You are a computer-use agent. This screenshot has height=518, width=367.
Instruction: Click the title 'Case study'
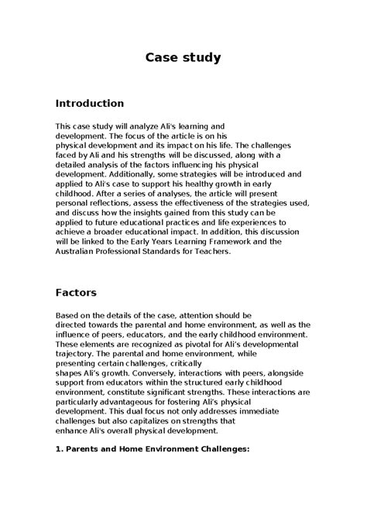tap(184, 57)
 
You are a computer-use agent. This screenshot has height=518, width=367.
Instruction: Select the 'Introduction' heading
tap(90, 102)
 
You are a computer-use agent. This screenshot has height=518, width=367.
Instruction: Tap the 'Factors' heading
tap(77, 293)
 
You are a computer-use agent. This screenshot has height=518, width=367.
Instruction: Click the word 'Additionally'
tap(126, 171)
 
